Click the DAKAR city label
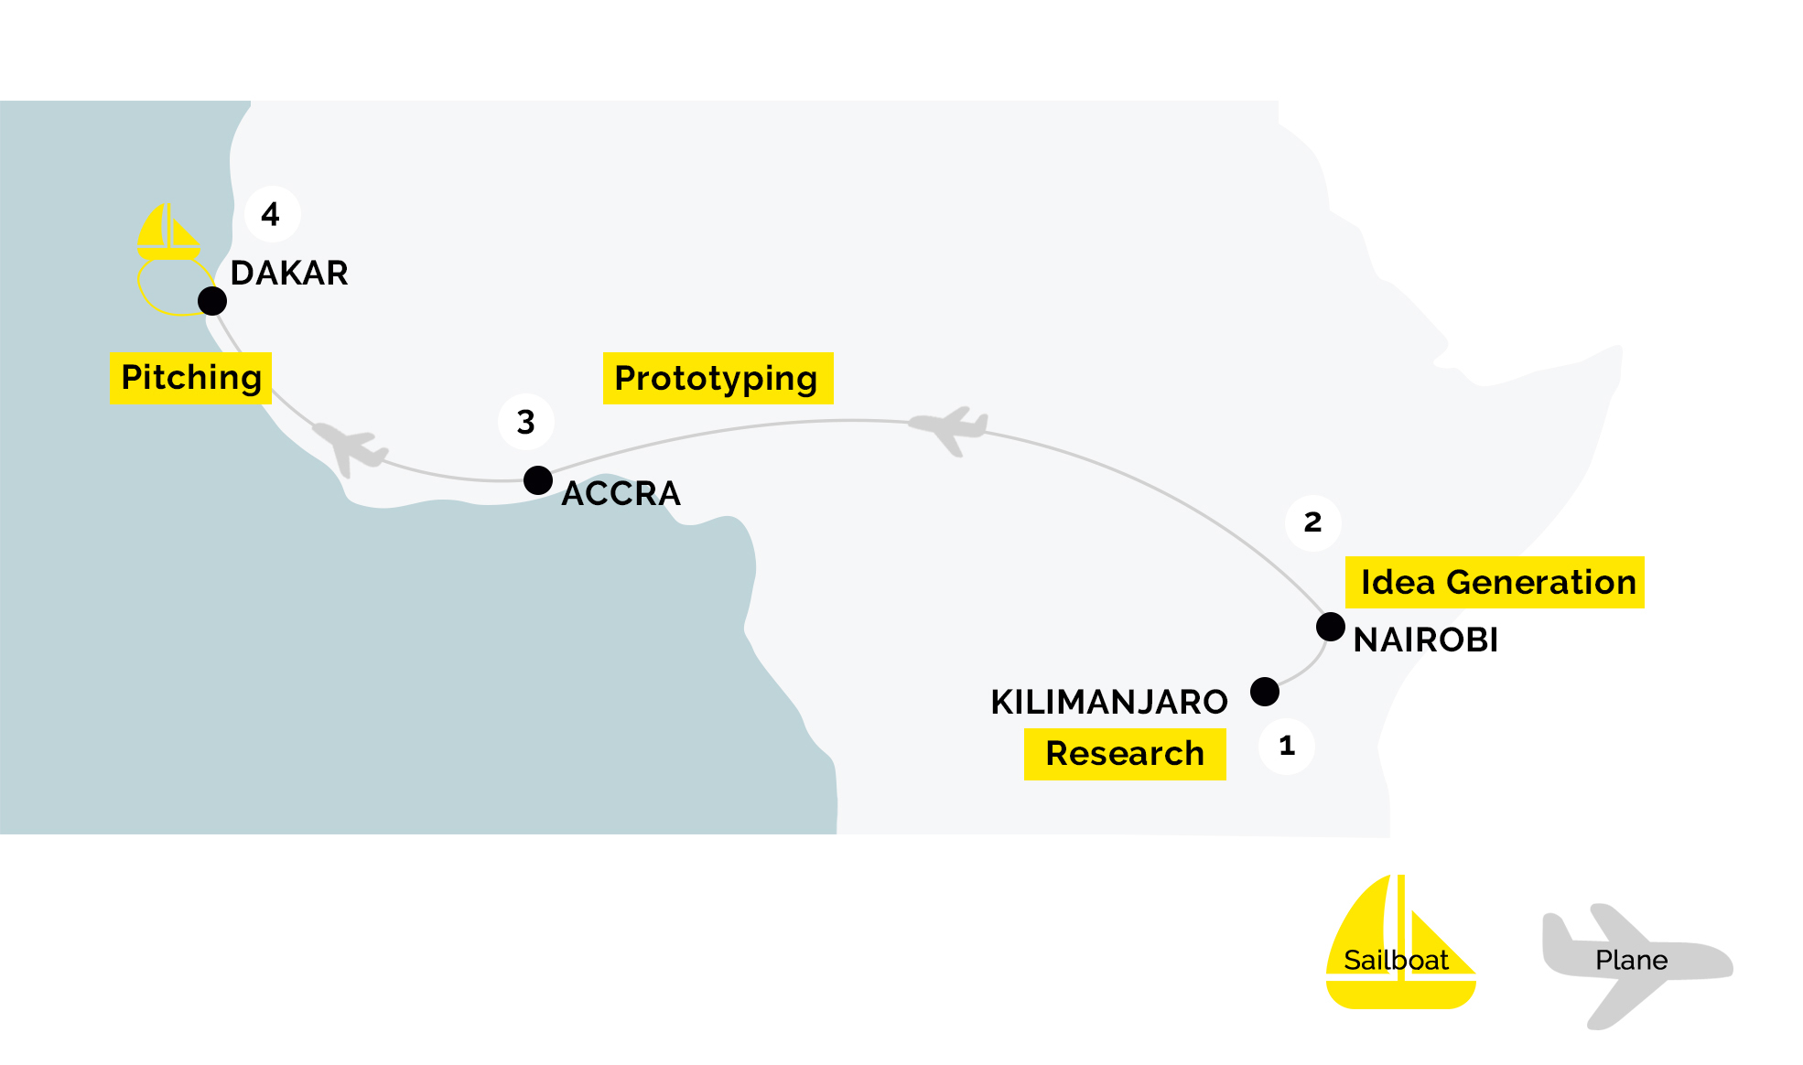tap(289, 273)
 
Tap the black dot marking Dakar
tap(212, 300)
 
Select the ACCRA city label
tap(621, 493)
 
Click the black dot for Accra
tap(538, 480)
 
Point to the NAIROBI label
tap(1426, 640)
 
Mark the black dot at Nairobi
tap(1331, 627)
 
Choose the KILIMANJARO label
tap(1109, 702)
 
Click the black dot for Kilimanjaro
tap(1265, 692)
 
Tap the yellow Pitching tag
tap(190, 378)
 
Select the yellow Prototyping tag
tap(718, 378)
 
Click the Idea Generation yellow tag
tap(1495, 582)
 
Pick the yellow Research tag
tap(1125, 754)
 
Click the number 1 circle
tap(1287, 747)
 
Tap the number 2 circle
tap(1313, 522)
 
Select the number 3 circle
tap(526, 422)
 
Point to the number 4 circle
tap(272, 214)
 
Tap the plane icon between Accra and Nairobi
tap(949, 429)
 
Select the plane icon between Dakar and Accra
tap(350, 447)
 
